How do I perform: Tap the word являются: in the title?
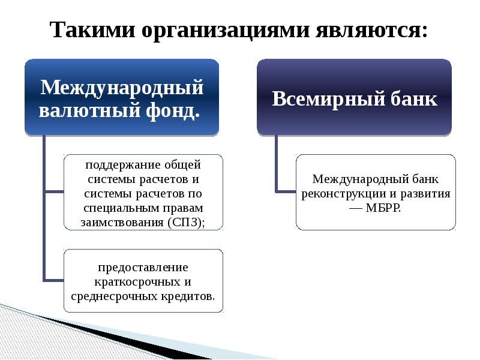tap(371, 29)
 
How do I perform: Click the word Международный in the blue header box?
tap(122, 88)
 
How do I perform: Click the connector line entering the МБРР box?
tap(286, 191)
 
